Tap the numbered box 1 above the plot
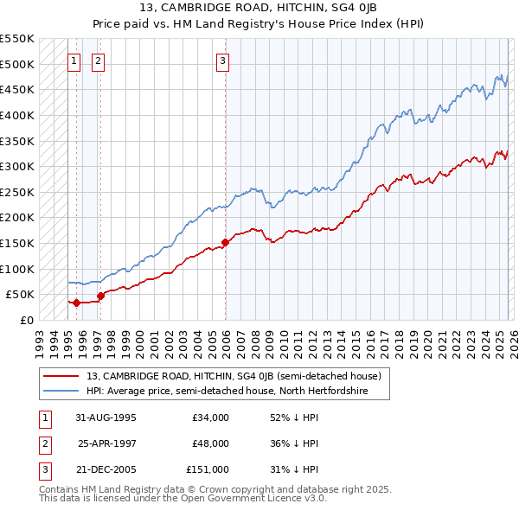pos(74,61)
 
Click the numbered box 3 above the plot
pos(223,61)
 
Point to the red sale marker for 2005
pos(225,242)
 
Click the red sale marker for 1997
pos(100,295)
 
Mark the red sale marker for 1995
pos(76,302)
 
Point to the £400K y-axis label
pos(17,115)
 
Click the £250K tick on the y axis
pos(17,192)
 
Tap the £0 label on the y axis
pos(26,320)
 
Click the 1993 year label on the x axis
pos(40,341)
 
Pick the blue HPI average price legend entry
pos(227,391)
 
